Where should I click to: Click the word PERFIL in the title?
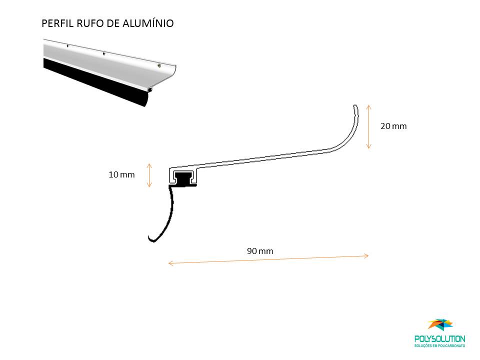point(57,23)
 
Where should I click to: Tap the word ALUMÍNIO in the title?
point(148,23)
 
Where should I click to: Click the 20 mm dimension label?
point(393,126)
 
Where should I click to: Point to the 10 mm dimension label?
point(121,175)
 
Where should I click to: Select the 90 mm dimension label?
point(260,251)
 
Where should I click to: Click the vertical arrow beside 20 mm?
point(368,126)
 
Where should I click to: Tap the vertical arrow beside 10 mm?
point(149,175)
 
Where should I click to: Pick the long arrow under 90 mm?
point(268,259)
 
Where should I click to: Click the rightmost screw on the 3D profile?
point(159,65)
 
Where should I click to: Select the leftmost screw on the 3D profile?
point(67,46)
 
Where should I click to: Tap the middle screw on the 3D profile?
point(104,53)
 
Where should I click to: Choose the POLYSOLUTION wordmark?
point(439,339)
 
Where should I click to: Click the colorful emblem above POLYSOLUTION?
point(441,324)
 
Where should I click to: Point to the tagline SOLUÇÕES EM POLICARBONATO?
point(439,346)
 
